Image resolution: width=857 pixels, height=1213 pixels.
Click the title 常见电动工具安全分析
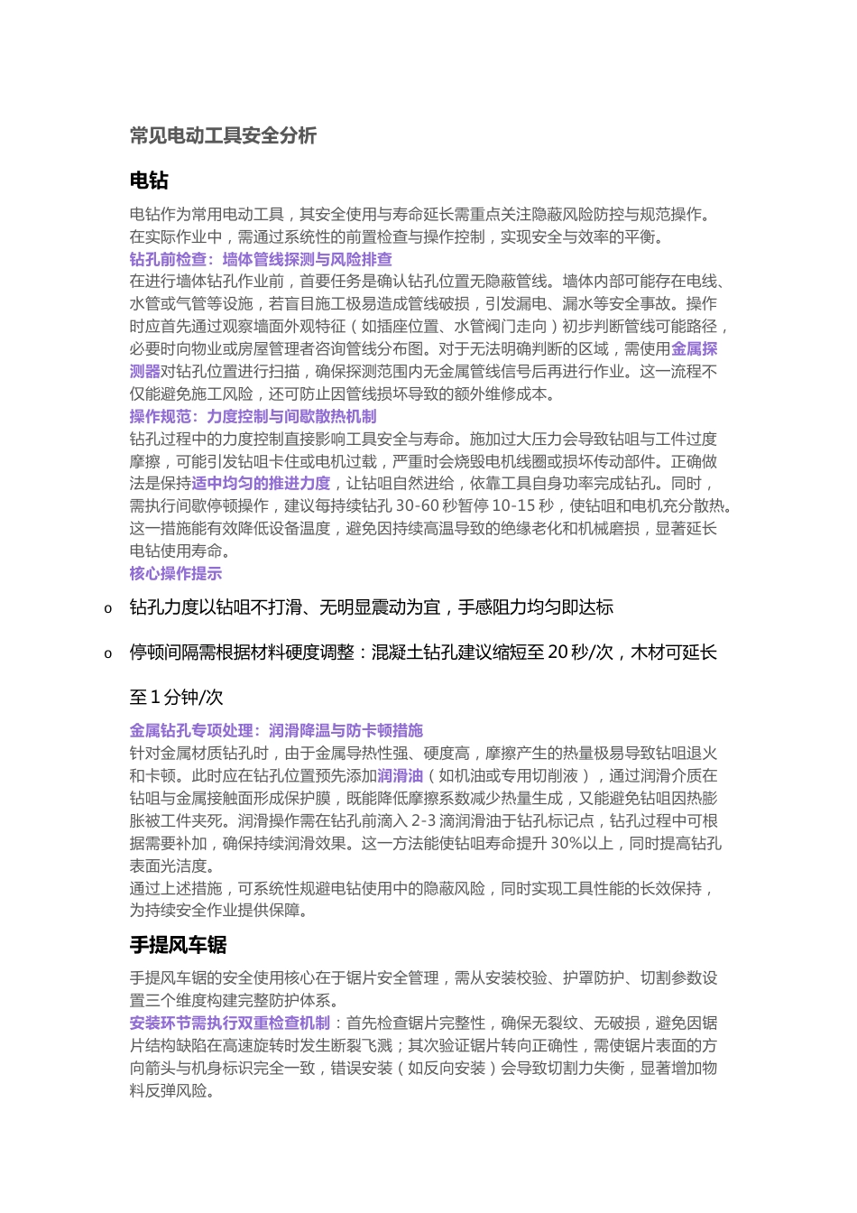coord(223,136)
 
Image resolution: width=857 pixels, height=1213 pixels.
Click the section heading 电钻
coord(149,181)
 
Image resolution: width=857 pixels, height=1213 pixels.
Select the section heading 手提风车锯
coord(178,945)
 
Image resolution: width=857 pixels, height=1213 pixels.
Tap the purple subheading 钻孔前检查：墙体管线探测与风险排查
coord(261,260)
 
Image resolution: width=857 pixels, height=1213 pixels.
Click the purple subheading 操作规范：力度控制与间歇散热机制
coord(253,417)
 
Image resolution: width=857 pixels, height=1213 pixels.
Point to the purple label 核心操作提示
coord(176,574)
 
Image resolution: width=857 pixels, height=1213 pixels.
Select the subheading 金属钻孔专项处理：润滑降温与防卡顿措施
coord(276,731)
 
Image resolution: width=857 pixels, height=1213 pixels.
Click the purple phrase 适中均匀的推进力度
coord(261,484)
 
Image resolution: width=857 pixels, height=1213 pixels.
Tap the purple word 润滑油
coord(400,776)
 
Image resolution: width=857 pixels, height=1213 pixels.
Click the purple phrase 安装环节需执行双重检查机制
coord(230,1023)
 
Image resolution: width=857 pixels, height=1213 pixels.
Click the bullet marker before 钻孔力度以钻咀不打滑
coord(108,609)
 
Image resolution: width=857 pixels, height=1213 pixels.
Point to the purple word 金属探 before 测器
coord(695,349)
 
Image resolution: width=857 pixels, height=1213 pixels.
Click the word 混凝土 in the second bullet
coord(396,653)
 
